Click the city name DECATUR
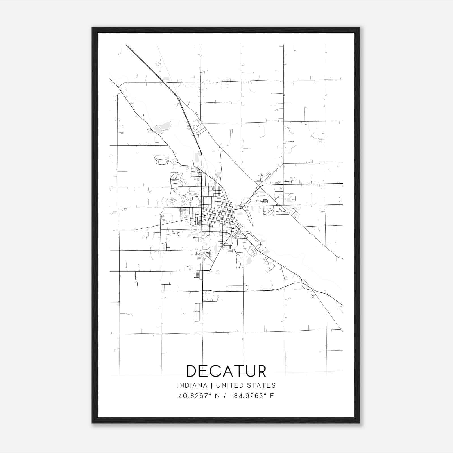point(226,371)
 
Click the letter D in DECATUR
point(192,371)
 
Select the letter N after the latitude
point(217,396)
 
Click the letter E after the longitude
point(272,396)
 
